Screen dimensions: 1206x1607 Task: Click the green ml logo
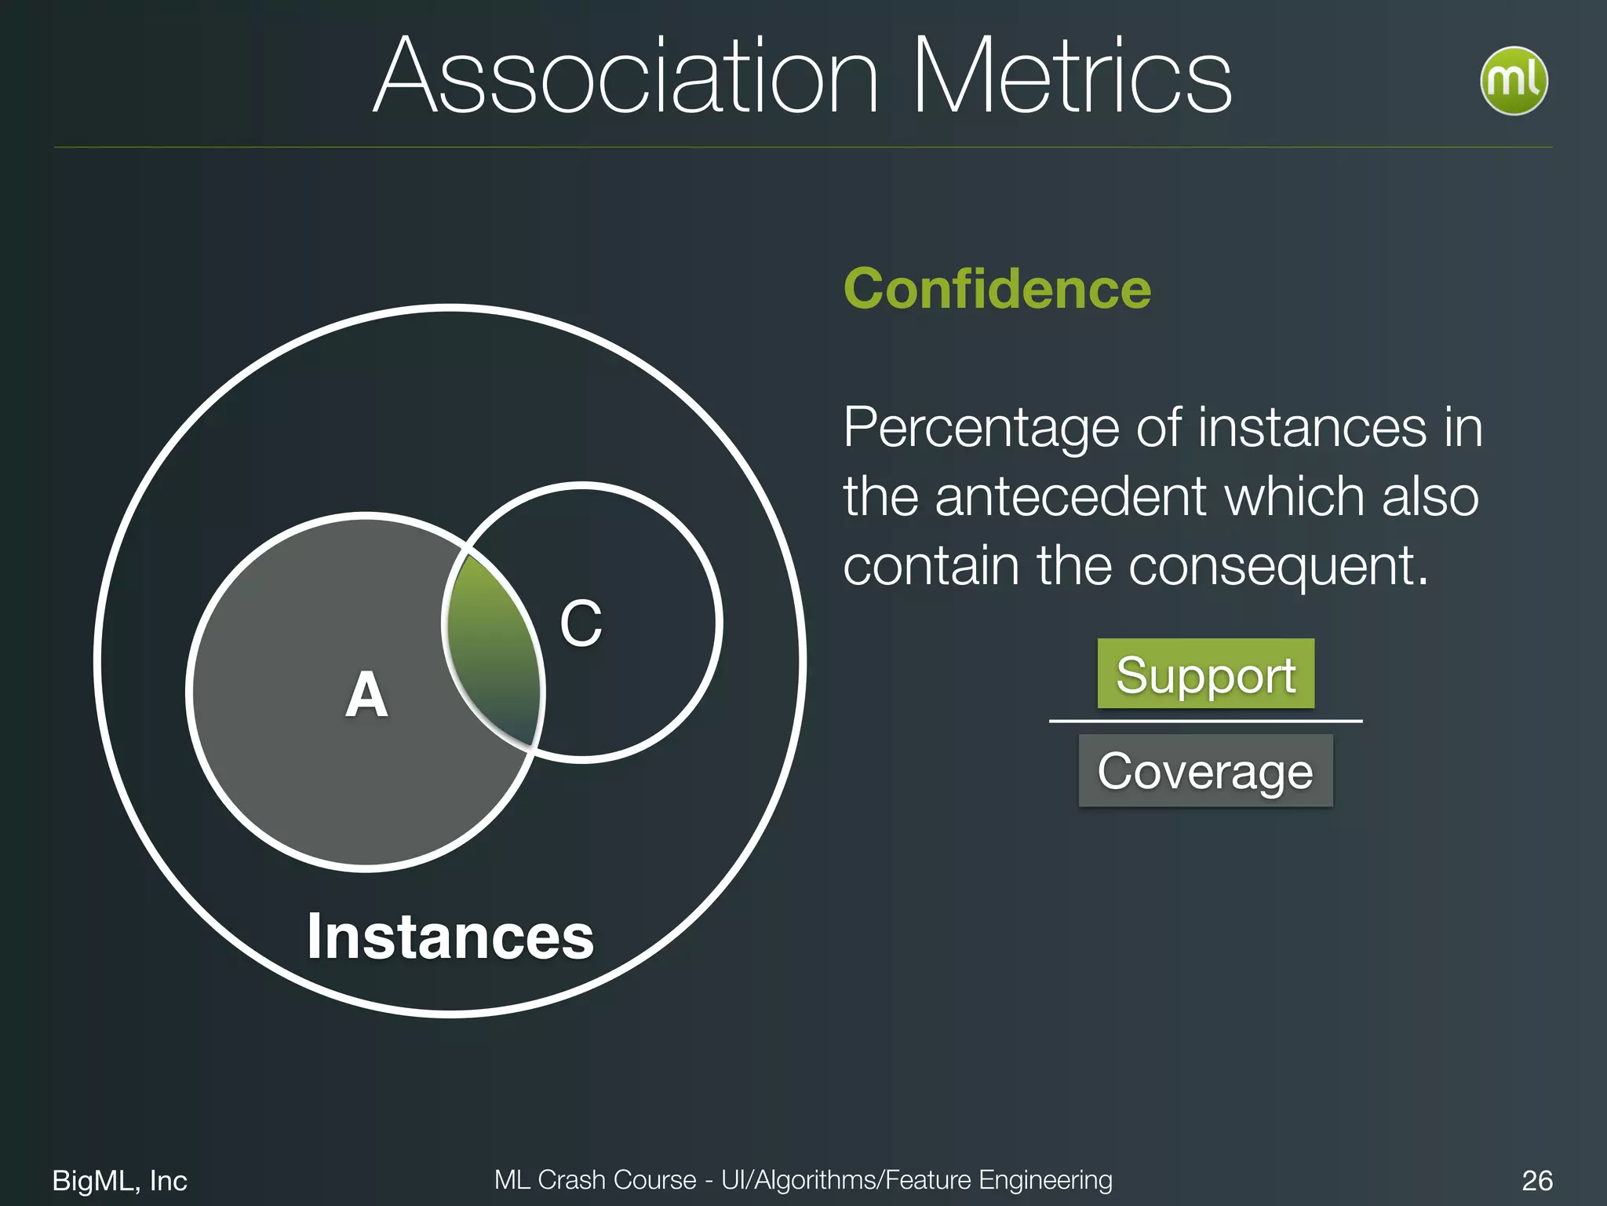tap(1513, 81)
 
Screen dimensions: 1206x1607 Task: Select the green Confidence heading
tap(997, 289)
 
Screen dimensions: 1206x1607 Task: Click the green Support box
tap(1205, 674)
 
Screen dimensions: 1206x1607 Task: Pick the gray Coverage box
tap(1205, 770)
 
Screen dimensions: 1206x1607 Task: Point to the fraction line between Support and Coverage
tap(1205, 721)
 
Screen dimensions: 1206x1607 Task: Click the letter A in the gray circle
tap(366, 695)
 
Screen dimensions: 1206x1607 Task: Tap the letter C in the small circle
tap(581, 624)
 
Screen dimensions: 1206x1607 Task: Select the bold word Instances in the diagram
tap(450, 937)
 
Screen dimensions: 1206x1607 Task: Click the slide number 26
tap(1536, 1180)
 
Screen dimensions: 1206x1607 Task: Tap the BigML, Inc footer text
tap(119, 1180)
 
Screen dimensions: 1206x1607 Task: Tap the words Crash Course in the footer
tap(617, 1179)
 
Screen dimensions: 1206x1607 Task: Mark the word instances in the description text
tap(1312, 429)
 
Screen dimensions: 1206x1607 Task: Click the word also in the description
tap(1430, 497)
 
